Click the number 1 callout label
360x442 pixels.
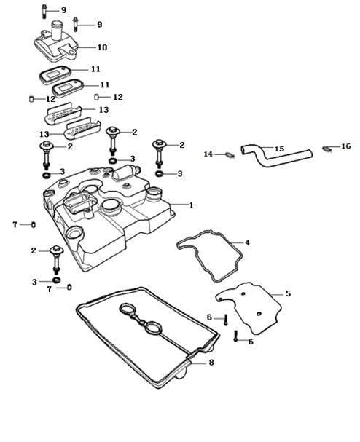[191, 205]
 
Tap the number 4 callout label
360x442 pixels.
[248, 242]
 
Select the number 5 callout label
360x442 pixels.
[288, 293]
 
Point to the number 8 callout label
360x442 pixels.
[211, 363]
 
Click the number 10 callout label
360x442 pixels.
[103, 47]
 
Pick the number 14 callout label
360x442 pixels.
[208, 154]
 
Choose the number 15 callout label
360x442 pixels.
[279, 149]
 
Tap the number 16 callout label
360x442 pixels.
[346, 146]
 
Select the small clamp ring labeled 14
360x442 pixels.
[230, 154]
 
